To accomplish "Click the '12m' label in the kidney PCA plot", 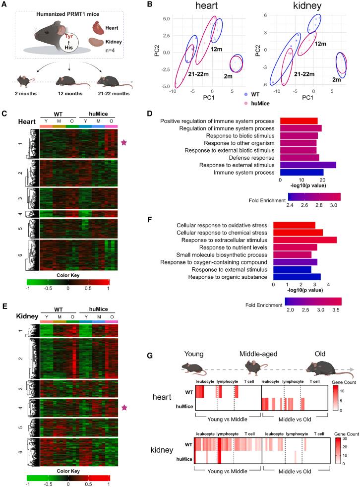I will click(320, 44).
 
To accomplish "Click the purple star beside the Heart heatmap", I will click(124, 143).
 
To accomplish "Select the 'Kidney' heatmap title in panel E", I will click(14, 315).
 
